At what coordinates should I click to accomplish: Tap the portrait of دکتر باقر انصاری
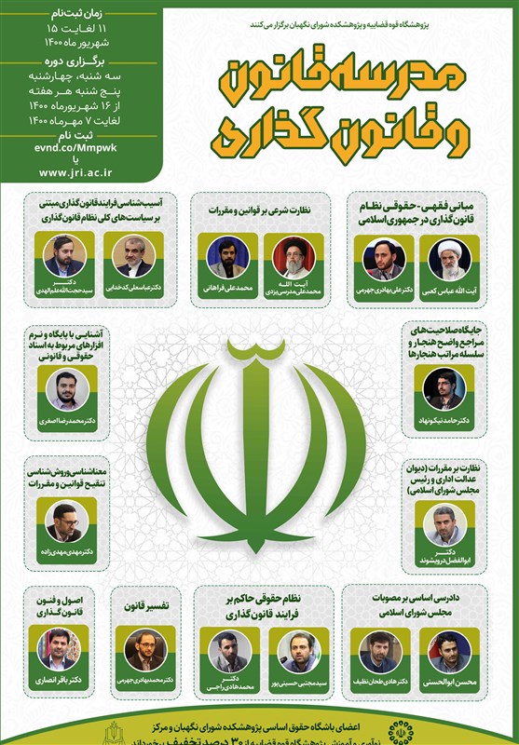(56, 648)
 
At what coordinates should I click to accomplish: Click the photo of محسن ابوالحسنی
(451, 649)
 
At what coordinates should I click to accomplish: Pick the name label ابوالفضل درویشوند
(442, 562)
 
